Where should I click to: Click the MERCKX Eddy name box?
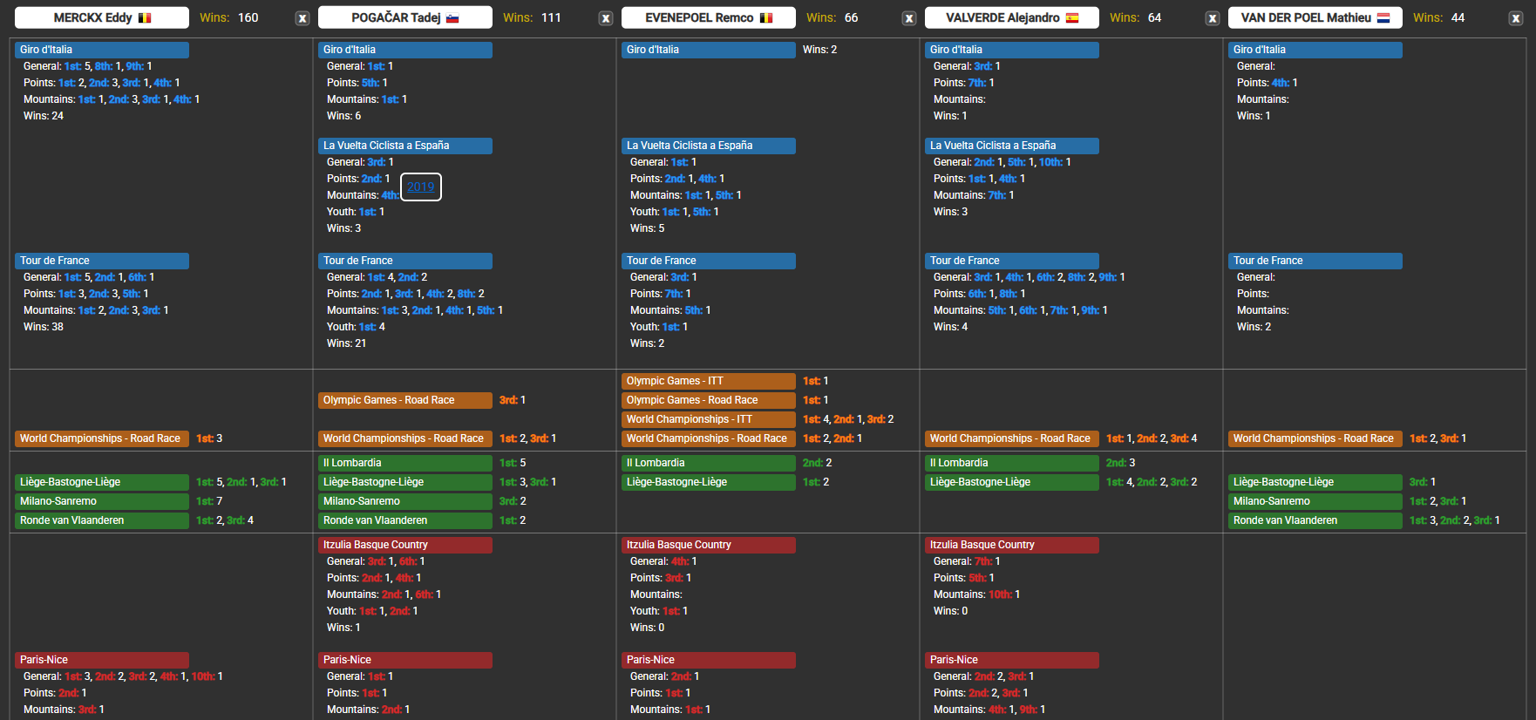101,17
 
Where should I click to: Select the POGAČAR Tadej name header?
404,17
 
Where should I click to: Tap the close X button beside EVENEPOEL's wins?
909,18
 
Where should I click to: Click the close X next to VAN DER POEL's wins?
1516,18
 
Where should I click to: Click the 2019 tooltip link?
420,187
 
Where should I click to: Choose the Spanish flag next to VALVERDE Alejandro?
1072,17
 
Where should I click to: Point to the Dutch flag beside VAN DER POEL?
1383,17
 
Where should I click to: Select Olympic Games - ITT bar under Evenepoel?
708,381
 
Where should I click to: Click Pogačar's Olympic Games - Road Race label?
404,400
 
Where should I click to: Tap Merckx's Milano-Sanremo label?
101,501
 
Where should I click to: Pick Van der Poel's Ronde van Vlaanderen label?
1315,520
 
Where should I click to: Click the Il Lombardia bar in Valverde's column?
1011,463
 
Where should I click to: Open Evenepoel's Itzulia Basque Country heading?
708,545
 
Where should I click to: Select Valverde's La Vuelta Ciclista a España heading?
1011,146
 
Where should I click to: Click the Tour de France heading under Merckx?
101,261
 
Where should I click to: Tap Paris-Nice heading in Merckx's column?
101,660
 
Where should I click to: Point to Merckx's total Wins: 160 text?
229,17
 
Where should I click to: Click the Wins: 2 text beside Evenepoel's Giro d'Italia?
819,50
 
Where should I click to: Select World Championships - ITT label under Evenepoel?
708,419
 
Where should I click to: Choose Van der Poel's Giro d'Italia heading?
1315,50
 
